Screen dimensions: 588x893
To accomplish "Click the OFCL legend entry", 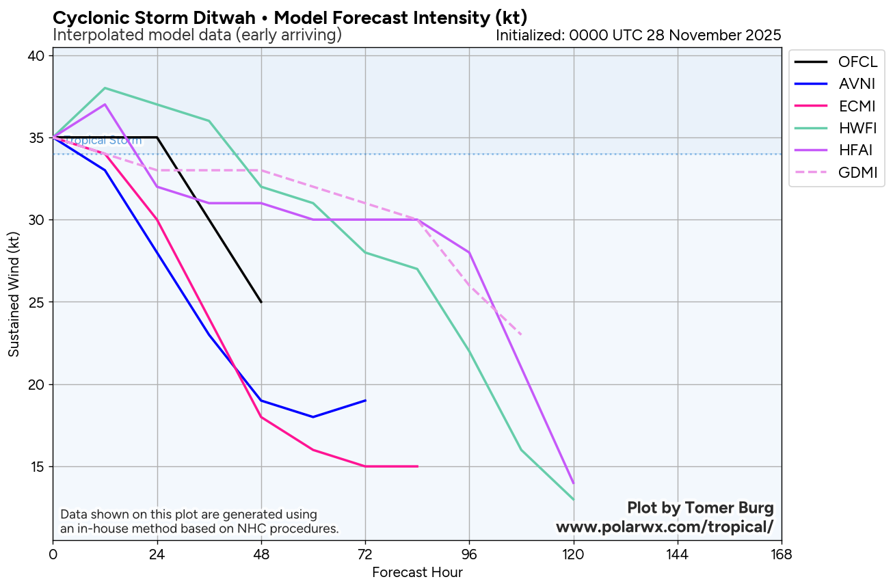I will click(857, 62).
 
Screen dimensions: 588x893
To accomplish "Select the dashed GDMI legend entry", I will click(857, 172).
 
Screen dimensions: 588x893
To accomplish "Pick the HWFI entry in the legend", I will click(857, 128).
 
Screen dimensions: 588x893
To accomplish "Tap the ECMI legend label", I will click(857, 106).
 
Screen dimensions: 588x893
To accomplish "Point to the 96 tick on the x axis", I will click(469, 554).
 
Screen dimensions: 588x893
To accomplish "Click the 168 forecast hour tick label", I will click(781, 554).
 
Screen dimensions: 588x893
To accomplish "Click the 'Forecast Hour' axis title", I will click(417, 572).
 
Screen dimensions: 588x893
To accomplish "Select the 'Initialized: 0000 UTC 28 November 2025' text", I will click(638, 35).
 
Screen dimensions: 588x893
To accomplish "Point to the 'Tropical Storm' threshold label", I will click(103, 141).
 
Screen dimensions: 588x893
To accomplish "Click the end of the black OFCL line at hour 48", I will click(261, 302).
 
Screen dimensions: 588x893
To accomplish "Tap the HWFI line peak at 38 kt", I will click(105, 88).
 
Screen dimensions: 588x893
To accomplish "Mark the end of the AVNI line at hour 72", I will click(365, 400).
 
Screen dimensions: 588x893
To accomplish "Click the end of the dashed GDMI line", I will click(521, 334).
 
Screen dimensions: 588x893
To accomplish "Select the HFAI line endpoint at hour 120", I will click(573, 483).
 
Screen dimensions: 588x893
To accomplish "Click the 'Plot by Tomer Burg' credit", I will click(700, 508).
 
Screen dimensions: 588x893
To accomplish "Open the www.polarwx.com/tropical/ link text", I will click(664, 526).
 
